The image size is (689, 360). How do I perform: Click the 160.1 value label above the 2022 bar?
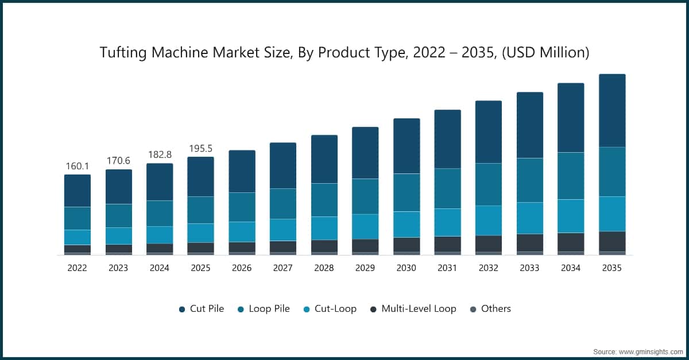[x=77, y=167]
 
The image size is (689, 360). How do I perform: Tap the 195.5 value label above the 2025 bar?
[x=200, y=149]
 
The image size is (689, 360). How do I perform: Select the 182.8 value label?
[x=159, y=155]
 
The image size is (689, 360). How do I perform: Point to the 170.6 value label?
[x=118, y=161]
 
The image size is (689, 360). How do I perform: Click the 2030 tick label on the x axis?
[x=406, y=268]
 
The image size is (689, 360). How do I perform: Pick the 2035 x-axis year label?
[x=612, y=268]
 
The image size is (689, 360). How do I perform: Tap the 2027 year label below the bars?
[x=282, y=268]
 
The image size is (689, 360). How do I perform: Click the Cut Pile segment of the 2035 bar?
[x=612, y=110]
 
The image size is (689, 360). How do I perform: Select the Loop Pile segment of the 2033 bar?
[x=530, y=180]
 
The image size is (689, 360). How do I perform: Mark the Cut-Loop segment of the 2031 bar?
[x=447, y=222]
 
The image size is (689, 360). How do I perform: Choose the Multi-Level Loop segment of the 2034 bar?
[x=571, y=242]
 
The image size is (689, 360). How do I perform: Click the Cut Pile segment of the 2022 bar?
[x=77, y=191]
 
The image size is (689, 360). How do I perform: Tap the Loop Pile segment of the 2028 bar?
[x=324, y=200]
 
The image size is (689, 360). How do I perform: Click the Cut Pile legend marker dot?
[x=181, y=309]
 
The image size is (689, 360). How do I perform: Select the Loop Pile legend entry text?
[x=269, y=309]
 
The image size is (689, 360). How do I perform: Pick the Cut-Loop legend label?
[x=336, y=309]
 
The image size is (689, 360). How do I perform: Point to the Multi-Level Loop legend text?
[x=419, y=309]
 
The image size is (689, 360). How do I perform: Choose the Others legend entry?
[x=496, y=309]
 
